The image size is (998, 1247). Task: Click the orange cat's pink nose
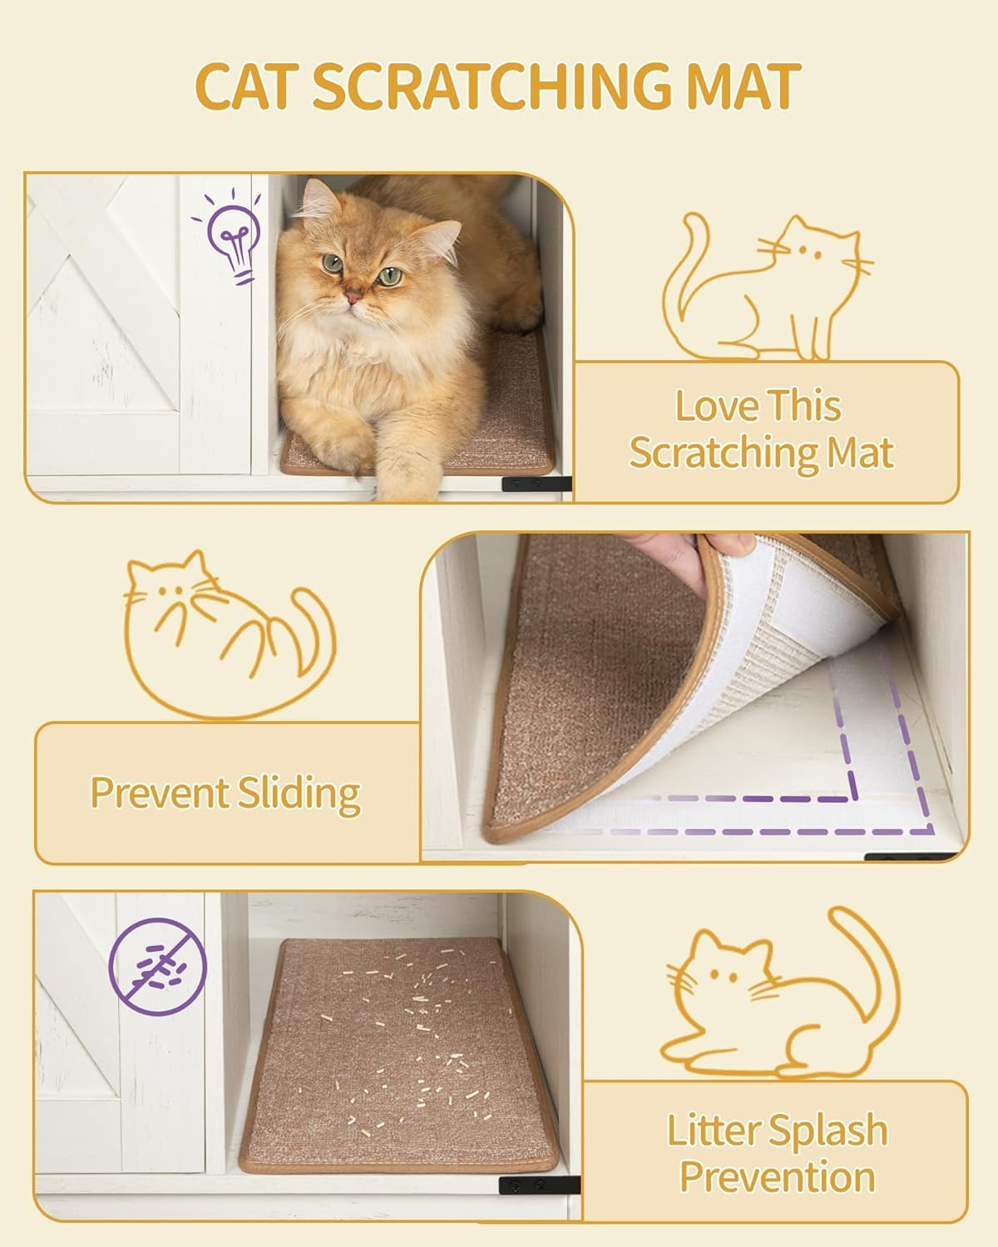353,296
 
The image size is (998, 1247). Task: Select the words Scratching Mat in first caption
760,454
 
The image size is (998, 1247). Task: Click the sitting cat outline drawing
765,287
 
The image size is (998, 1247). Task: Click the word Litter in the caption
715,1131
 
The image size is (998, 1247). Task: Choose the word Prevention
777,1178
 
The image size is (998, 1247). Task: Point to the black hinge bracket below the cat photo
536,483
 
